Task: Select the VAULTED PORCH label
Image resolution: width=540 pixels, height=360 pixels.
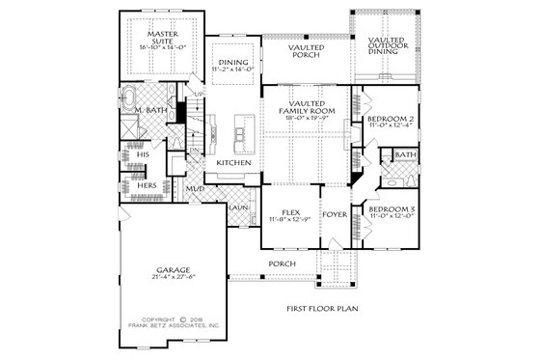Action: coord(306,50)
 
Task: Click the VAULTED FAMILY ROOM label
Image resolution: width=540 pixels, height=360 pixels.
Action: coord(306,107)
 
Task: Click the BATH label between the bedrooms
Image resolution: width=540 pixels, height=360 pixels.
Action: coord(405,154)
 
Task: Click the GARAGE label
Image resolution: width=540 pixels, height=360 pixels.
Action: coord(173,270)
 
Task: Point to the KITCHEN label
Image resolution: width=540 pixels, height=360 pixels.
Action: coord(233,163)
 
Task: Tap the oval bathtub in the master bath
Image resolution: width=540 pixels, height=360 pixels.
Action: coord(129,98)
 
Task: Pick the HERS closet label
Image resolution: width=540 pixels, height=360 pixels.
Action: coord(147,184)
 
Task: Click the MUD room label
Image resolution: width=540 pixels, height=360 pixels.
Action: coord(194,189)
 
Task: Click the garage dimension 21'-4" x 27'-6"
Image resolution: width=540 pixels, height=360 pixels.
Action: coord(173,278)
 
